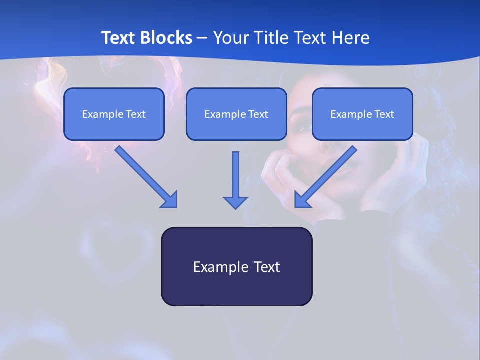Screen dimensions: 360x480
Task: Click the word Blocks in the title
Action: [x=167, y=38]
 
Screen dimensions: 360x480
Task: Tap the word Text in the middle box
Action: [x=258, y=114]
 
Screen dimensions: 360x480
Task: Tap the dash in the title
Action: [x=203, y=38]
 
